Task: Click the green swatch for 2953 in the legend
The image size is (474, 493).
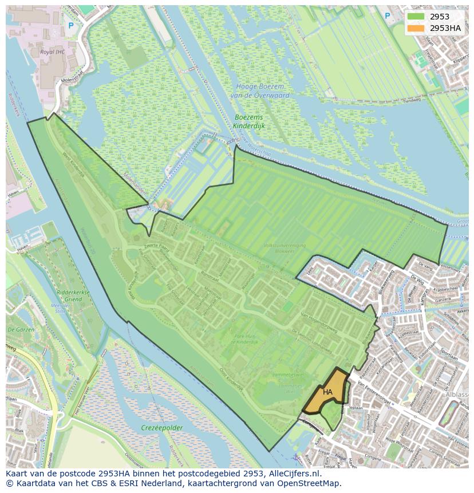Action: click(x=416, y=17)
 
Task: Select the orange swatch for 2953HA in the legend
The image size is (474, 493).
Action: click(x=416, y=28)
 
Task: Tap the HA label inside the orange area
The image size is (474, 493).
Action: click(x=327, y=392)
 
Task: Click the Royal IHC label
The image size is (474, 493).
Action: click(x=55, y=52)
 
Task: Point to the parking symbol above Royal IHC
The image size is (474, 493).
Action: click(x=71, y=25)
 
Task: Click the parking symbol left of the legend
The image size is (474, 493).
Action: click(x=388, y=16)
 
